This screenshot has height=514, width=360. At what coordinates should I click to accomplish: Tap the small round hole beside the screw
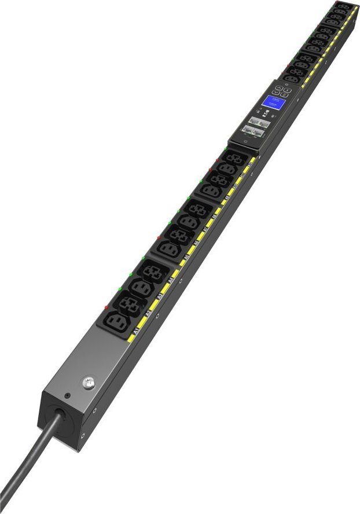68,396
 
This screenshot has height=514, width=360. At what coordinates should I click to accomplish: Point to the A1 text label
135,331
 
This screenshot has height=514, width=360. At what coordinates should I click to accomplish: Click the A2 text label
148,314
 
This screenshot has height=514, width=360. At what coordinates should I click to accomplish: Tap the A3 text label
160,297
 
